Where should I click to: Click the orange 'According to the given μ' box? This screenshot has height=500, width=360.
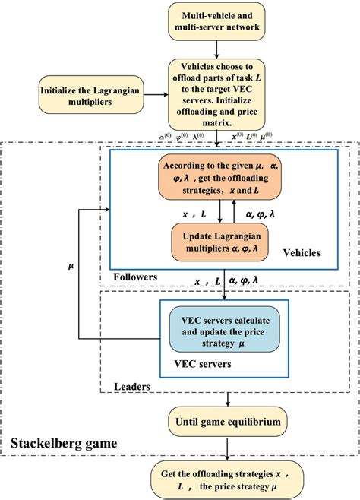[x=218, y=178]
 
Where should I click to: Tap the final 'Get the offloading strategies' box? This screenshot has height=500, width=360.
[x=219, y=479]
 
